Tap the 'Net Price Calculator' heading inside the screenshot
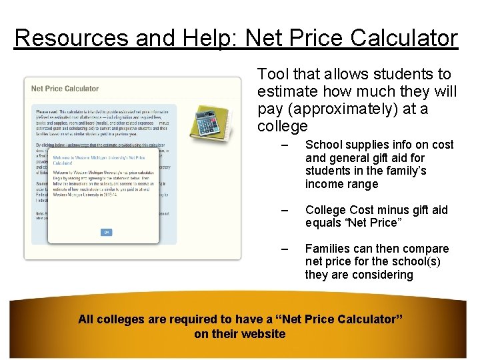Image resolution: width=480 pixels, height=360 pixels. tap(65, 89)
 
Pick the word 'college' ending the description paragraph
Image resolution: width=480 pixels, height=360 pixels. tap(283, 126)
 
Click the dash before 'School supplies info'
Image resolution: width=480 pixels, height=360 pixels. tap(285, 145)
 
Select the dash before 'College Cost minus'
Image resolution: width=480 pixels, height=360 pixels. tap(285, 211)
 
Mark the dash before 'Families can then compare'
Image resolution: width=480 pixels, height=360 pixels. tap(285, 249)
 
